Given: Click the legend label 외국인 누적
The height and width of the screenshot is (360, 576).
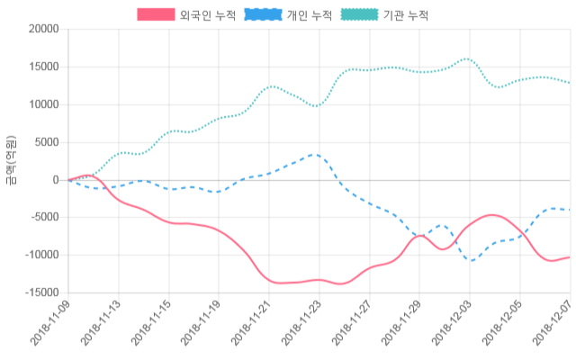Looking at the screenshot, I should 202,15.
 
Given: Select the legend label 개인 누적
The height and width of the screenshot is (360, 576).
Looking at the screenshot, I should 309,15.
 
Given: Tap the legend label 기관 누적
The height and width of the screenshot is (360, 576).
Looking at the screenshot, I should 406,15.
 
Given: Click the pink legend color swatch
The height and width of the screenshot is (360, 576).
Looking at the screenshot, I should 156,15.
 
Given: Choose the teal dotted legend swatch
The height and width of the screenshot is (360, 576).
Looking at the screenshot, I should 360,15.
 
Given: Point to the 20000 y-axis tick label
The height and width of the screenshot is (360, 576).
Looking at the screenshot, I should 43,29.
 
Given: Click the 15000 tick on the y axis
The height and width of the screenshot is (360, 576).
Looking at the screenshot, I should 43,67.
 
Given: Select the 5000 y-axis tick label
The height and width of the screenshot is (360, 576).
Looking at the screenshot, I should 46,142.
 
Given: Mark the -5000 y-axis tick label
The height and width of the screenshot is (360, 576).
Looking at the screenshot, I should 44,218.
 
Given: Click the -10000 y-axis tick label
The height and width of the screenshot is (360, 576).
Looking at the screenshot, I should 41,256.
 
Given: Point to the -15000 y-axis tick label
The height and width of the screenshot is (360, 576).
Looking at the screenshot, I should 41,293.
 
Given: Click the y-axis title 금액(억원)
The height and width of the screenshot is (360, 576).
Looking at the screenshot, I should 11,161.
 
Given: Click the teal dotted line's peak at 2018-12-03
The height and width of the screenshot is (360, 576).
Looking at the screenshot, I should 467,58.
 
